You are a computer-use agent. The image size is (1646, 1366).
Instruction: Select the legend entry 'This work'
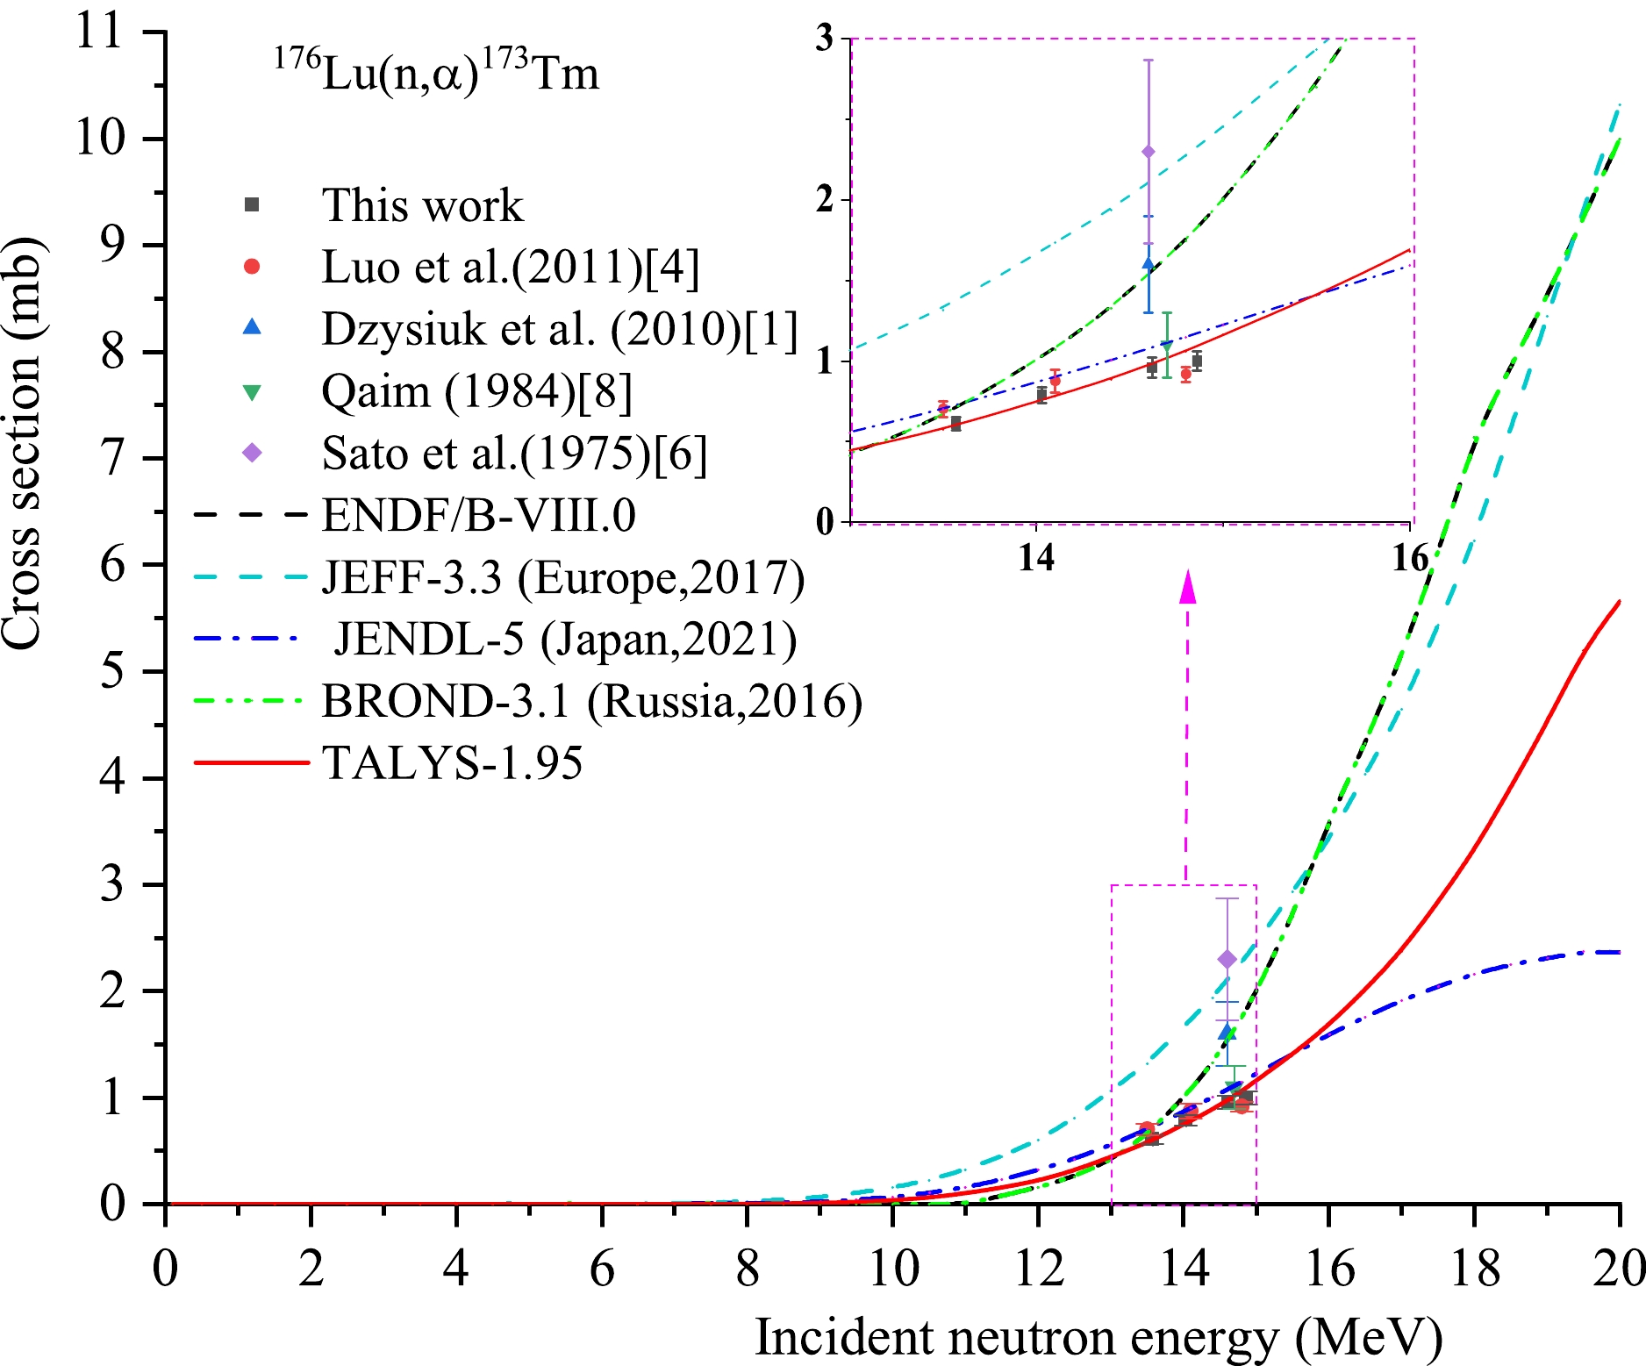(x=422, y=205)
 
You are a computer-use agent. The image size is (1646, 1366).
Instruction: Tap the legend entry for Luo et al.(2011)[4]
(x=511, y=268)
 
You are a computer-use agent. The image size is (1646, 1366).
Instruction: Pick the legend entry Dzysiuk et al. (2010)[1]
(x=559, y=329)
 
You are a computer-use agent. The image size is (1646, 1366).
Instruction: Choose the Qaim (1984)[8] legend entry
(x=476, y=391)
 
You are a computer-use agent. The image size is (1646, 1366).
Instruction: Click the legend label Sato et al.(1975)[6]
(x=514, y=454)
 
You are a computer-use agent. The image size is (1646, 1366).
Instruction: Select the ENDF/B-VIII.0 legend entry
(x=478, y=515)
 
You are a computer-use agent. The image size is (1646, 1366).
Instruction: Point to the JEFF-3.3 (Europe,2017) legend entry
(x=562, y=577)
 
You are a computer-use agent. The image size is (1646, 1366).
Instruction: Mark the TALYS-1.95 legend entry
(x=452, y=762)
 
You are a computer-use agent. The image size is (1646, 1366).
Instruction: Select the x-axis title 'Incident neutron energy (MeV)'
(x=1099, y=1338)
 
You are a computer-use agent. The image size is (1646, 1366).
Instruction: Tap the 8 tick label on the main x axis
(x=747, y=1268)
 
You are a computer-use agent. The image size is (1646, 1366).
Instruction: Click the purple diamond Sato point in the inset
(x=1148, y=152)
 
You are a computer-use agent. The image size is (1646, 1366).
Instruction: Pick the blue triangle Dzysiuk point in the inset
(x=1148, y=262)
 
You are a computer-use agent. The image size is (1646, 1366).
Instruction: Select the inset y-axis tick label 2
(x=824, y=200)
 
